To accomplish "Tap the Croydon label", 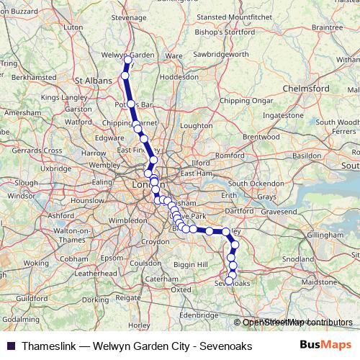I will (x=156, y=242).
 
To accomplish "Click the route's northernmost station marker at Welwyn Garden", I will (x=127, y=59).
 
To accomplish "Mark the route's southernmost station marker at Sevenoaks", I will (x=230, y=281).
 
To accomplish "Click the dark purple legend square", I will (x=10, y=346).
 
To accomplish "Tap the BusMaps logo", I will (x=325, y=346).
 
